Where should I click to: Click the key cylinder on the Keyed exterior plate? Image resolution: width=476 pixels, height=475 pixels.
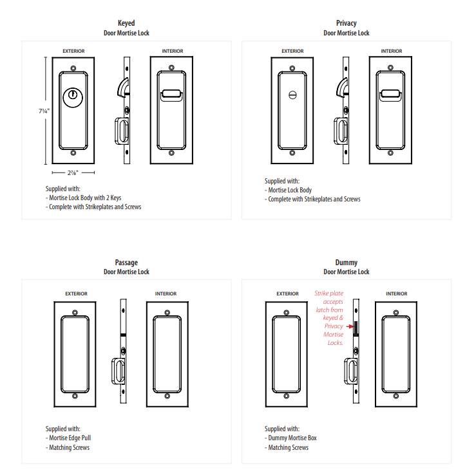pyautogui.click(x=73, y=96)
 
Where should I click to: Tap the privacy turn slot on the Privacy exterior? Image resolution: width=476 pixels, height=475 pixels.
pyautogui.click(x=292, y=96)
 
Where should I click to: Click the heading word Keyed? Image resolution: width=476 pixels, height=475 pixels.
pyautogui.click(x=126, y=23)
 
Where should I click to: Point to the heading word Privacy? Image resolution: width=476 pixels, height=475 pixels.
pyautogui.click(x=346, y=23)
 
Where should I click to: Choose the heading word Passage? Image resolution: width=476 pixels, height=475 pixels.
pyautogui.click(x=126, y=262)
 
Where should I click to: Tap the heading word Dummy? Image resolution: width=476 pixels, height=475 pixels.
pyautogui.click(x=346, y=262)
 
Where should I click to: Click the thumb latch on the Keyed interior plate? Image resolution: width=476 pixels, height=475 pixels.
pyautogui.click(x=170, y=96)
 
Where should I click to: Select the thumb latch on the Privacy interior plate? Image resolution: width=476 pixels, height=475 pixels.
pyautogui.click(x=389, y=96)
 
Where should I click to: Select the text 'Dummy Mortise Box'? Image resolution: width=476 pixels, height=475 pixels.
pyautogui.click(x=292, y=438)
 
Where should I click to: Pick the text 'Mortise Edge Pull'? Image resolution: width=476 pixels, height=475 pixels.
pyautogui.click(x=74, y=438)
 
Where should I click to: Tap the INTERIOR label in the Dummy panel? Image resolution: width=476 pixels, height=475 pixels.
pyautogui.click(x=396, y=293)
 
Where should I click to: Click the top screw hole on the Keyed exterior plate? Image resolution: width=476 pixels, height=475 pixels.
pyautogui.click(x=73, y=68)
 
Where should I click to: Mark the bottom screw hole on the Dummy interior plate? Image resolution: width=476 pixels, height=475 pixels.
pyautogui.click(x=396, y=395)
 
